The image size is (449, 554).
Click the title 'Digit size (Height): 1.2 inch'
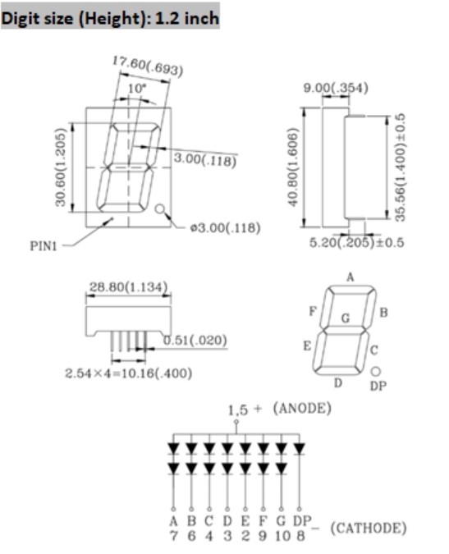[110, 18]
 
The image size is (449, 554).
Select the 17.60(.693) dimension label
[148, 66]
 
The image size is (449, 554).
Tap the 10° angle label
[137, 89]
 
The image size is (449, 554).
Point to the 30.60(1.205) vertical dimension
[61, 167]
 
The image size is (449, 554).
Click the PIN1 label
[44, 246]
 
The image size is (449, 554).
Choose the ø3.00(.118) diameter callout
[225, 228]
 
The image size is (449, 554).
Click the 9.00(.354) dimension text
[336, 88]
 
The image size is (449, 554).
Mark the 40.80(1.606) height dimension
[292, 167]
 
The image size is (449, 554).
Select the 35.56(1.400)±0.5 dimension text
[400, 167]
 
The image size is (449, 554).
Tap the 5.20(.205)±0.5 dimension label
[356, 243]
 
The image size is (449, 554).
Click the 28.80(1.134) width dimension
[128, 287]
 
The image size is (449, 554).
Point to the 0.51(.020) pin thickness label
[195, 341]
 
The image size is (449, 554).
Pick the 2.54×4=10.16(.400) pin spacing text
[129, 373]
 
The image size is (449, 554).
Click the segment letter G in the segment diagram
[346, 318]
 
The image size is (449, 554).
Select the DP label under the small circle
[378, 387]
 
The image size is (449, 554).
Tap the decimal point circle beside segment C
[376, 371]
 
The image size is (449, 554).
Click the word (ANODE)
[302, 408]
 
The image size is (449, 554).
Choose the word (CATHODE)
[369, 529]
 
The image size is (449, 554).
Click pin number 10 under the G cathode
[282, 536]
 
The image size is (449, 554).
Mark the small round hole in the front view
[160, 209]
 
